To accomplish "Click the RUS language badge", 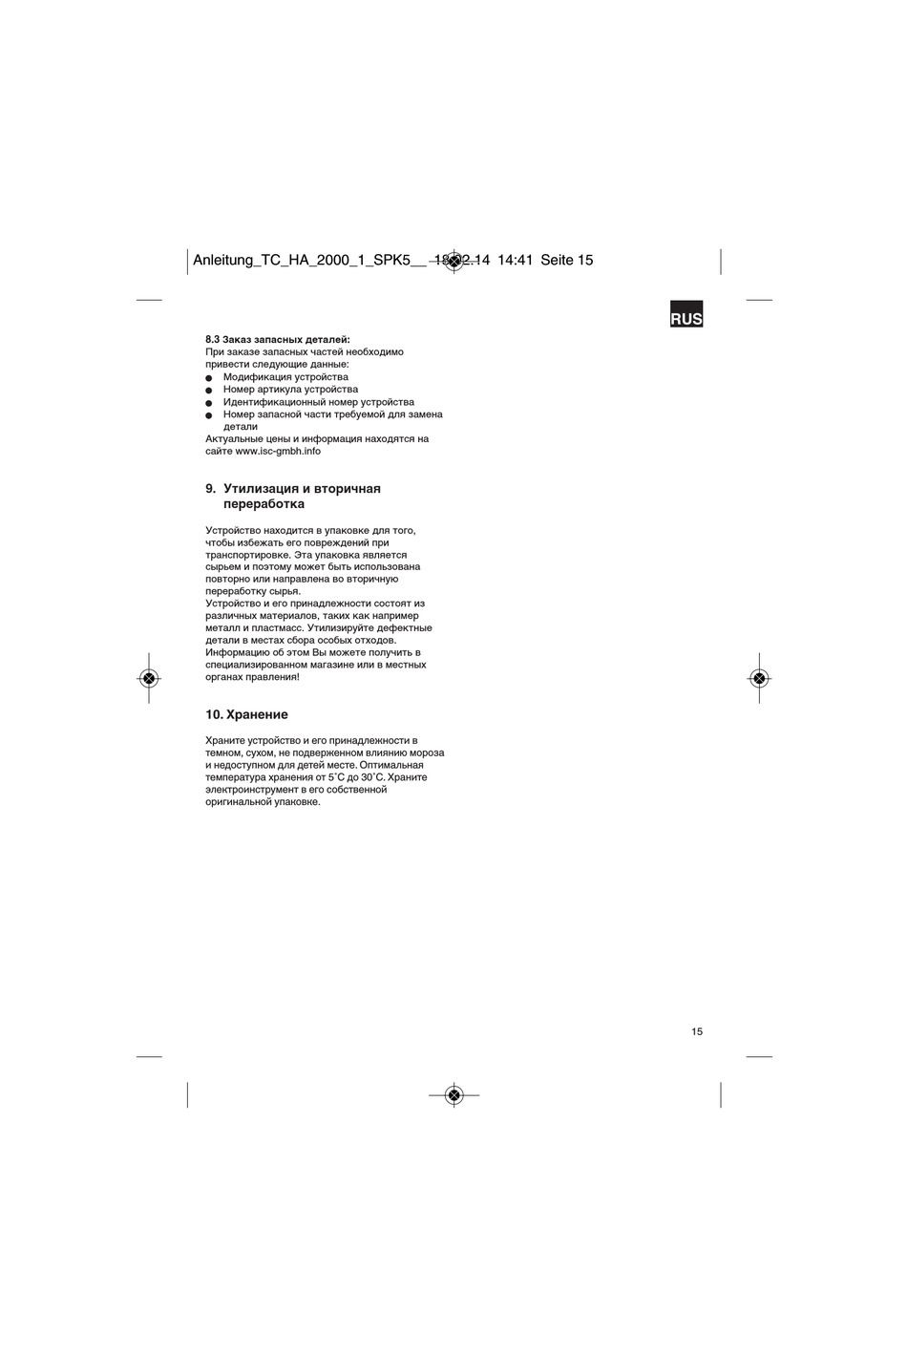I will click(x=686, y=319).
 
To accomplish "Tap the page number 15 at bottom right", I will click(x=697, y=1031).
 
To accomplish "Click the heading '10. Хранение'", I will click(x=246, y=714).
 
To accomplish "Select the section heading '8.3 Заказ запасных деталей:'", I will click(x=278, y=339).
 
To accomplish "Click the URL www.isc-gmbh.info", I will click(x=278, y=451).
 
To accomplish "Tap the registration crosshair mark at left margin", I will click(x=148, y=678).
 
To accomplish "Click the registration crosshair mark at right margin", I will click(x=759, y=678).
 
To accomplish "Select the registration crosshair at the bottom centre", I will click(x=453, y=1094).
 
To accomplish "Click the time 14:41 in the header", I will click(x=515, y=260).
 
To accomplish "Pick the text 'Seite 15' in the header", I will click(x=567, y=260).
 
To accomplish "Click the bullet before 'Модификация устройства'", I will click(x=209, y=378).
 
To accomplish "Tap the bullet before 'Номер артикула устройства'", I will click(x=209, y=391).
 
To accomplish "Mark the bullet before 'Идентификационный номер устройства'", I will click(x=209, y=403).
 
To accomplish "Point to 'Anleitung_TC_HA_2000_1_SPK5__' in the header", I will click(x=309, y=260).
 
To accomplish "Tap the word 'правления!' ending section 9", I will click(x=273, y=677).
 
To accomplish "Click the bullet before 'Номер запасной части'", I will click(x=209, y=415).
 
